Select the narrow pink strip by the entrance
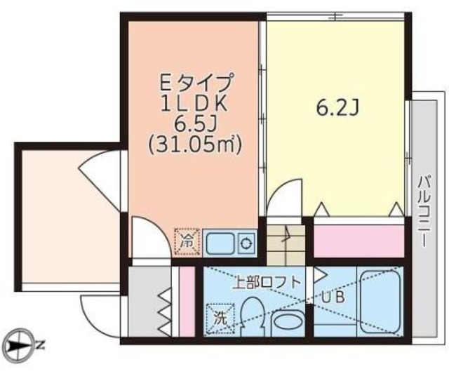click(187, 301)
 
